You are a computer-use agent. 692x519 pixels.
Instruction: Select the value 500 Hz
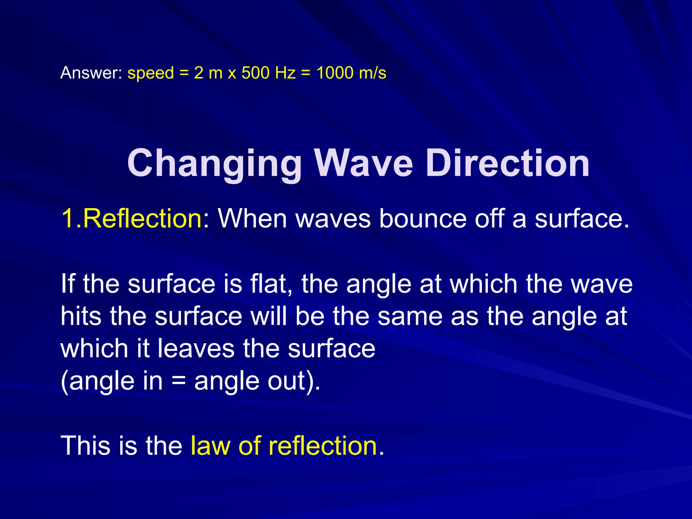pyautogui.click(x=269, y=73)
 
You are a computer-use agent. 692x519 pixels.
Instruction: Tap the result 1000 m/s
pyautogui.click(x=351, y=73)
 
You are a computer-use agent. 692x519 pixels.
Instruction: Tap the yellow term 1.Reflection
pyautogui.click(x=132, y=218)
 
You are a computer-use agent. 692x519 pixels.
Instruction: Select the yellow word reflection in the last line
pyautogui.click(x=323, y=446)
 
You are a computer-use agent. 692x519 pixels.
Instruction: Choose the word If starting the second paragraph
pyautogui.click(x=68, y=283)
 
